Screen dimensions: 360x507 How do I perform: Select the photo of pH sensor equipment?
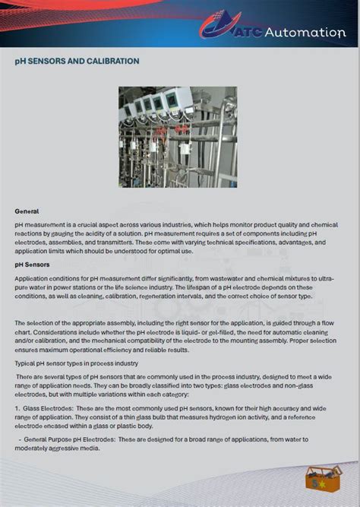tap(178, 136)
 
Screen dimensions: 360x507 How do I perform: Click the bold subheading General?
tap(27, 211)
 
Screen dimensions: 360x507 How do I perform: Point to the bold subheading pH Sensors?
tap(32, 265)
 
